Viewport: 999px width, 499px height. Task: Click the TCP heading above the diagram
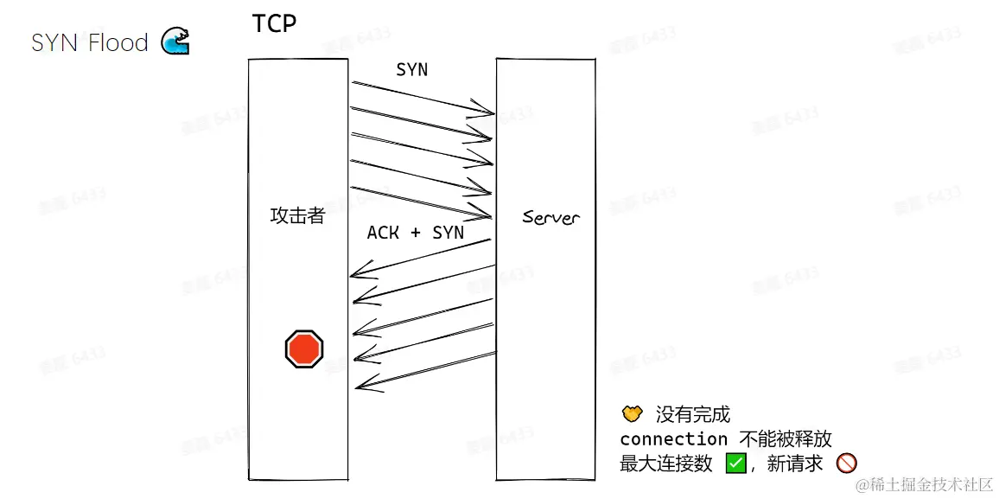point(274,23)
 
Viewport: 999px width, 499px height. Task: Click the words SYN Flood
point(90,42)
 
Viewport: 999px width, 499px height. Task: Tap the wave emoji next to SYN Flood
point(175,42)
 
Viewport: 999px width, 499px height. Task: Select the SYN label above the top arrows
point(411,70)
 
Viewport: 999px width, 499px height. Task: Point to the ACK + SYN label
point(415,233)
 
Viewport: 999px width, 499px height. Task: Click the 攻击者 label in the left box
point(297,216)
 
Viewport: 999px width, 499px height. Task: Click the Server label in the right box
point(550,217)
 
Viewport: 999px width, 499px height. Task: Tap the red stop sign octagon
point(304,349)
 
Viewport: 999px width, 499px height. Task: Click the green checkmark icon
point(735,464)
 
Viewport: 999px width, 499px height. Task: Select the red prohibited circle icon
point(846,464)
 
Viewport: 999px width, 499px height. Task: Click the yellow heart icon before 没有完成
point(632,413)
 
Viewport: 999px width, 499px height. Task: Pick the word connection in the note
point(673,439)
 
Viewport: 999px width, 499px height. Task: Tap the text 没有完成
point(692,415)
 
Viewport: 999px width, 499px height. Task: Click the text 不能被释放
point(786,439)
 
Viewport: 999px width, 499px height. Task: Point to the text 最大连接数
point(665,464)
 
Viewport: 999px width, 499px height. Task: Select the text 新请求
point(795,464)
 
